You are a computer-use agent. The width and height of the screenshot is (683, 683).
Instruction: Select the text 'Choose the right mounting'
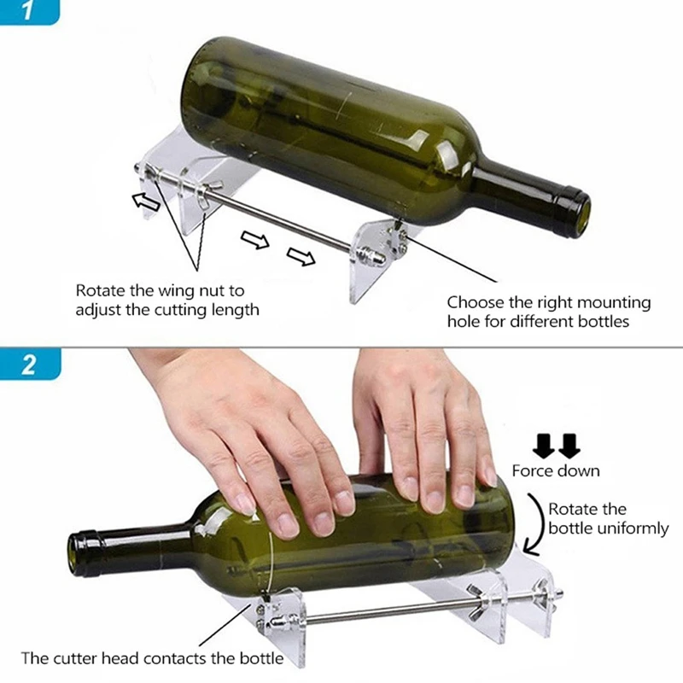pyautogui.click(x=548, y=302)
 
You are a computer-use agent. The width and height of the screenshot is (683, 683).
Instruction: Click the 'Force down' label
pyautogui.click(x=556, y=470)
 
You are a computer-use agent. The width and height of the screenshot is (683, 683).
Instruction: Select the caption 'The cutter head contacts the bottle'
pyautogui.click(x=152, y=658)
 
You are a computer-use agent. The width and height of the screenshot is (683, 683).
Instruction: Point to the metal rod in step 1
pyautogui.click(x=282, y=224)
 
